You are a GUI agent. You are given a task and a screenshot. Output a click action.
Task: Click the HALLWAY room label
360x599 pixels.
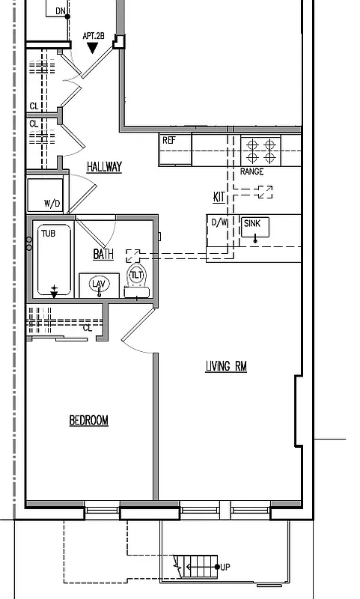(x=104, y=167)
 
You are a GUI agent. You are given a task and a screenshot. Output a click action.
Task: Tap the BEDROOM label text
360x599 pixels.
(x=88, y=421)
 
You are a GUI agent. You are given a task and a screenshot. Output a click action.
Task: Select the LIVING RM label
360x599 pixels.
(x=226, y=366)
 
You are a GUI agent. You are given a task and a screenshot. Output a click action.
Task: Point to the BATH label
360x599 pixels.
(x=103, y=255)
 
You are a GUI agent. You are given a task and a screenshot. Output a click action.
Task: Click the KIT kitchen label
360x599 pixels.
(x=219, y=197)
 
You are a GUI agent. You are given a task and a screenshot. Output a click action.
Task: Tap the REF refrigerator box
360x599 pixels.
(x=175, y=150)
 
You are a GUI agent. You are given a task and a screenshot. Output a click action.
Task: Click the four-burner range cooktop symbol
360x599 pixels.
(x=261, y=150)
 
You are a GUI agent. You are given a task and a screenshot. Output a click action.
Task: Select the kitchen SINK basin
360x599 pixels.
(x=255, y=228)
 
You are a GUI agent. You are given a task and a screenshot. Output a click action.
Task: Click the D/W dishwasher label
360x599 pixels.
(x=219, y=222)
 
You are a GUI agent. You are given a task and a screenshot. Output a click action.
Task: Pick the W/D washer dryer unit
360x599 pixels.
(x=47, y=195)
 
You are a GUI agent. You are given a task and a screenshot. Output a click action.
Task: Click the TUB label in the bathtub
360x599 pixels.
(x=48, y=234)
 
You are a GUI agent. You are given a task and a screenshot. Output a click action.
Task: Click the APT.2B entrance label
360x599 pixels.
(x=93, y=35)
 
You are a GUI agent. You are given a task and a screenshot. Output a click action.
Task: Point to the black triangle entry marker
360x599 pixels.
(x=93, y=48)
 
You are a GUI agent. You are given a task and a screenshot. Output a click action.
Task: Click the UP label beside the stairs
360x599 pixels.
(x=225, y=567)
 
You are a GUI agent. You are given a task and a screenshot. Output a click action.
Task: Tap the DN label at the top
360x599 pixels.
(x=60, y=10)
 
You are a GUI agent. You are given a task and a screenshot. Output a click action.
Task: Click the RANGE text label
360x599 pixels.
(x=251, y=172)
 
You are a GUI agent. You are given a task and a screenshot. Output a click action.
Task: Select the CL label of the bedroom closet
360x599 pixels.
(x=87, y=327)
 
